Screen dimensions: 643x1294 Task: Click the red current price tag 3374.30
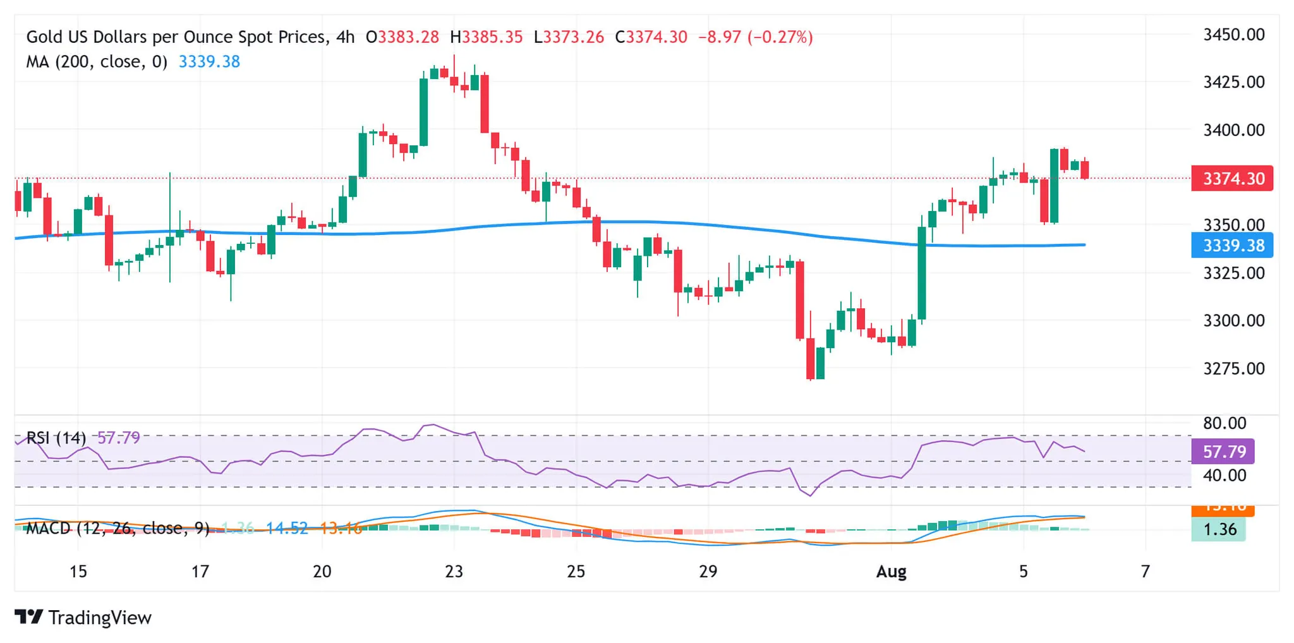click(1231, 179)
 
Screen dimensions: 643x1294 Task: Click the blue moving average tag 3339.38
click(1231, 245)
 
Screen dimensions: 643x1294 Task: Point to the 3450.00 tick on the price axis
click(1233, 35)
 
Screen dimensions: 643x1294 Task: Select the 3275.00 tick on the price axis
click(1233, 368)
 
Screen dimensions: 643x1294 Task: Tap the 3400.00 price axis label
click(1233, 130)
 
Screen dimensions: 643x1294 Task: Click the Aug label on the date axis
click(891, 572)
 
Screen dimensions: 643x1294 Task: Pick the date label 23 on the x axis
click(454, 572)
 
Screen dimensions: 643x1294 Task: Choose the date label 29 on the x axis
click(708, 572)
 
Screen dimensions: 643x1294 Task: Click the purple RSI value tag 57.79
click(1223, 452)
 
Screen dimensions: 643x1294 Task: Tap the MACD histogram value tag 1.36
click(1219, 529)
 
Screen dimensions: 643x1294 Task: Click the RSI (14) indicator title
click(56, 438)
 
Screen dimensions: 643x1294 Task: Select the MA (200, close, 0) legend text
click(97, 62)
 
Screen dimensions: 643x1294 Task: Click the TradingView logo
click(83, 617)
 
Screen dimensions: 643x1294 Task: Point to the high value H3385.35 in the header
click(486, 37)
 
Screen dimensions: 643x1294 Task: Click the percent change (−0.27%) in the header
click(780, 37)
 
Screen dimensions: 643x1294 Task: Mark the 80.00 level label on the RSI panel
click(1224, 423)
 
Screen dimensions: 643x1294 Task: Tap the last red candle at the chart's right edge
click(1085, 169)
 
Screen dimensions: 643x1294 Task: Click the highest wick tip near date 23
click(454, 56)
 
